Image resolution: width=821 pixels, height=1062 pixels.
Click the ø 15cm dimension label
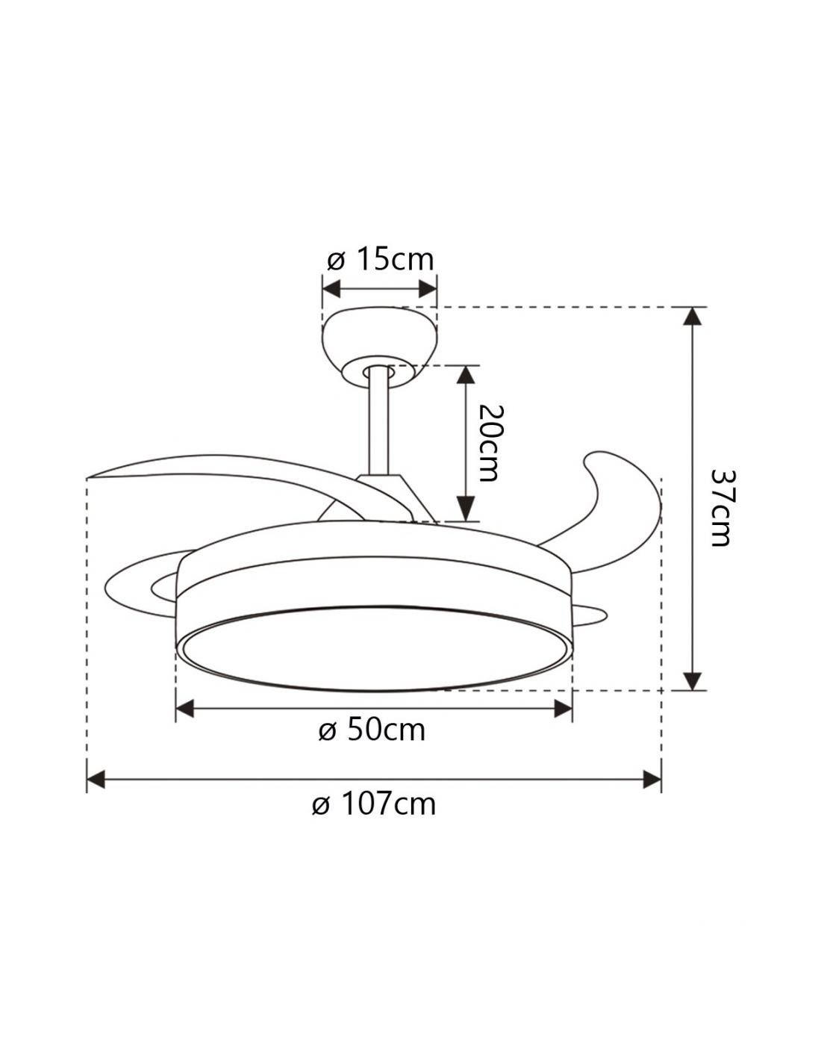380,260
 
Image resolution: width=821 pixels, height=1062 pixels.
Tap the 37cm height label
720,508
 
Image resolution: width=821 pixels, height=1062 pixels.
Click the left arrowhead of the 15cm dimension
331,289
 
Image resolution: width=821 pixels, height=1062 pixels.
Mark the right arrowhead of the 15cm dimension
428,289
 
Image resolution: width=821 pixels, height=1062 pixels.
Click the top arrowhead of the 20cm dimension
466,374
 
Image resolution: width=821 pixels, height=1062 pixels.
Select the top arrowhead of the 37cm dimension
693,316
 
